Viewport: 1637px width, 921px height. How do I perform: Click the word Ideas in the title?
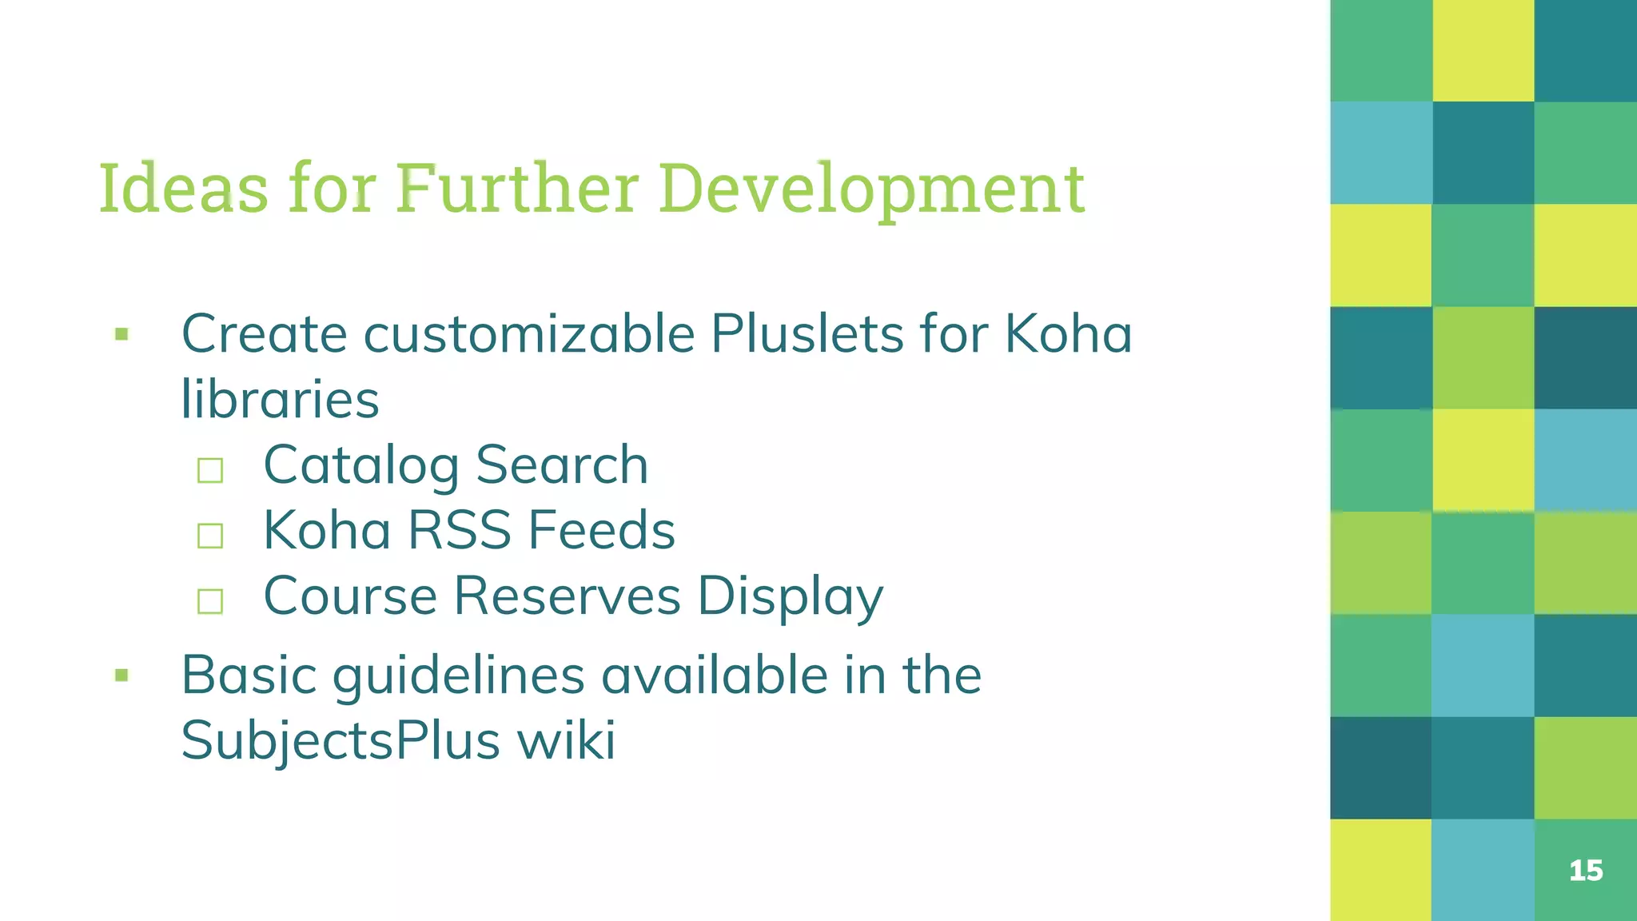[x=183, y=189]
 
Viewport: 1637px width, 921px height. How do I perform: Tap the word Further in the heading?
[x=516, y=189]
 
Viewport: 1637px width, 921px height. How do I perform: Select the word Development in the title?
[x=872, y=190]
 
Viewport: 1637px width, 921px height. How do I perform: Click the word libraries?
[x=280, y=399]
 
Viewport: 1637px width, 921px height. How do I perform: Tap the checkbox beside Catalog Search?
[x=210, y=470]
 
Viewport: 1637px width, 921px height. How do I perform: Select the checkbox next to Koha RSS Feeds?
[x=210, y=536]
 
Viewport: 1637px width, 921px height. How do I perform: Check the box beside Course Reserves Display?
[x=210, y=601]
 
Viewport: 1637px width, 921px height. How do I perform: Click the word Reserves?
[x=568, y=596]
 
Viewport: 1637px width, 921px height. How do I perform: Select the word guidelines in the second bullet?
[x=459, y=676]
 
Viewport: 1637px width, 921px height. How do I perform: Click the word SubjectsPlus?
[x=341, y=741]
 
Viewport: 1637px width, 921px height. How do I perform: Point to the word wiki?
[x=567, y=740]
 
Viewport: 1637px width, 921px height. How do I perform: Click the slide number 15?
[x=1586, y=871]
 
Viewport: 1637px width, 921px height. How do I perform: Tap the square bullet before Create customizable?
[x=121, y=334]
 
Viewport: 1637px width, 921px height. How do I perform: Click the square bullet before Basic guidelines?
[x=121, y=676]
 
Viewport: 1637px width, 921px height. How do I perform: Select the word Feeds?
[x=601, y=530]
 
